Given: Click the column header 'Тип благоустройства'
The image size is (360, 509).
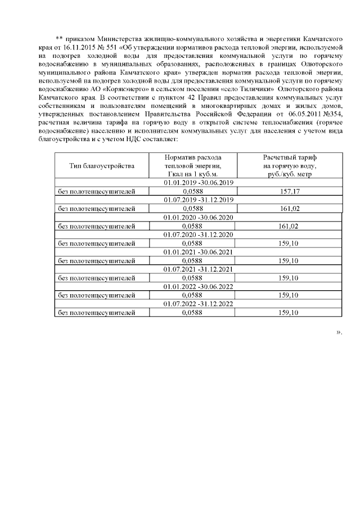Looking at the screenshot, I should [x=102, y=166].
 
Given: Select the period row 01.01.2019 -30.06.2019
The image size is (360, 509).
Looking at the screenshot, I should [x=199, y=183].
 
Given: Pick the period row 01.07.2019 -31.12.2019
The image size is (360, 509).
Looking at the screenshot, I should [x=199, y=200].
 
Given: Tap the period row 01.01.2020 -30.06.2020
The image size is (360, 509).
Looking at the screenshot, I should [x=199, y=217].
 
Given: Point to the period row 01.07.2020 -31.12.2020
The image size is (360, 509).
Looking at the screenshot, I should [x=199, y=235].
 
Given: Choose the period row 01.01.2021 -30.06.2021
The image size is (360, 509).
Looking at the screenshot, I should [x=199, y=252].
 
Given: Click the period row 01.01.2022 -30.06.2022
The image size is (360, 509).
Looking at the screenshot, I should [x=199, y=286].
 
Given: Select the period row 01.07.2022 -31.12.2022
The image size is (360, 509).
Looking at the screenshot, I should [x=199, y=304].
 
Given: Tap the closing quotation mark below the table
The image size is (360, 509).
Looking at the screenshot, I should [x=339, y=332].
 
